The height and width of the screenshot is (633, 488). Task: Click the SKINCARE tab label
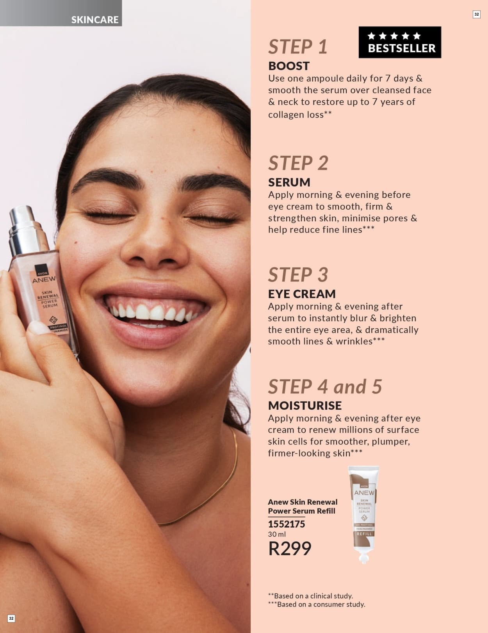point(94,20)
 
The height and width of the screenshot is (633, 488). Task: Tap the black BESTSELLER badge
point(400,42)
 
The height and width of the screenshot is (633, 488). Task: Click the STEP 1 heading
point(297,47)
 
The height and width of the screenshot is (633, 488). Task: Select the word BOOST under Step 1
point(289,66)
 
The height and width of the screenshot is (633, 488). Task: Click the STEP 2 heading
point(298,163)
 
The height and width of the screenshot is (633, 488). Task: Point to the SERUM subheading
point(289,182)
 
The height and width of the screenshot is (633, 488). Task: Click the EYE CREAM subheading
point(302,294)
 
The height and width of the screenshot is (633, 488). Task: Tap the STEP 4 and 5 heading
point(325,387)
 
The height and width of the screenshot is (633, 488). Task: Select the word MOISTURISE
point(305,405)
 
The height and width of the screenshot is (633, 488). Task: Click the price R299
point(290,549)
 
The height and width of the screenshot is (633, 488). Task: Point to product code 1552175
point(286,524)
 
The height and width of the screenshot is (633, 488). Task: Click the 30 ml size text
point(277,534)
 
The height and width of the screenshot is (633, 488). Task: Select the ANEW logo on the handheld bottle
point(44,280)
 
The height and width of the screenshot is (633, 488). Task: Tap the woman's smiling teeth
point(152,312)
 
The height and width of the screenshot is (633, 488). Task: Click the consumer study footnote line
point(317,604)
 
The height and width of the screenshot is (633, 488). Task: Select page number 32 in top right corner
point(476,14)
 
